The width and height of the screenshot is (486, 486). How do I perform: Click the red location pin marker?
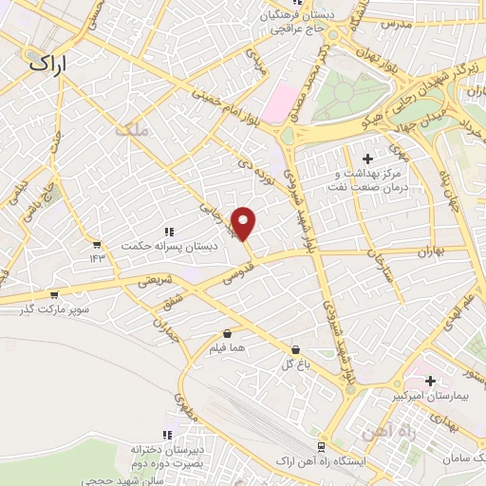click(244, 223)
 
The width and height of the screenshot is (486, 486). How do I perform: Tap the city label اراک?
click(51, 64)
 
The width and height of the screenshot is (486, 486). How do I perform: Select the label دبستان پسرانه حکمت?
click(169, 246)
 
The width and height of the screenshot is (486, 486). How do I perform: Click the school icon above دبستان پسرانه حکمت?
click(169, 231)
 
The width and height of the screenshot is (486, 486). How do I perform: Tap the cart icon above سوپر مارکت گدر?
click(53, 294)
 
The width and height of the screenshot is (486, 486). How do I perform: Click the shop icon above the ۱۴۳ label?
click(97, 243)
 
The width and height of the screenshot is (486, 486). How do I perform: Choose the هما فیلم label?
click(228, 349)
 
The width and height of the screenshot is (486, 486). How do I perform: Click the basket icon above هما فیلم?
click(228, 334)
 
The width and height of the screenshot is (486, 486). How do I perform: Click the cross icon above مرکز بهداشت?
click(368, 158)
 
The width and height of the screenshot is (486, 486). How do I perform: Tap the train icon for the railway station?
click(321, 445)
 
